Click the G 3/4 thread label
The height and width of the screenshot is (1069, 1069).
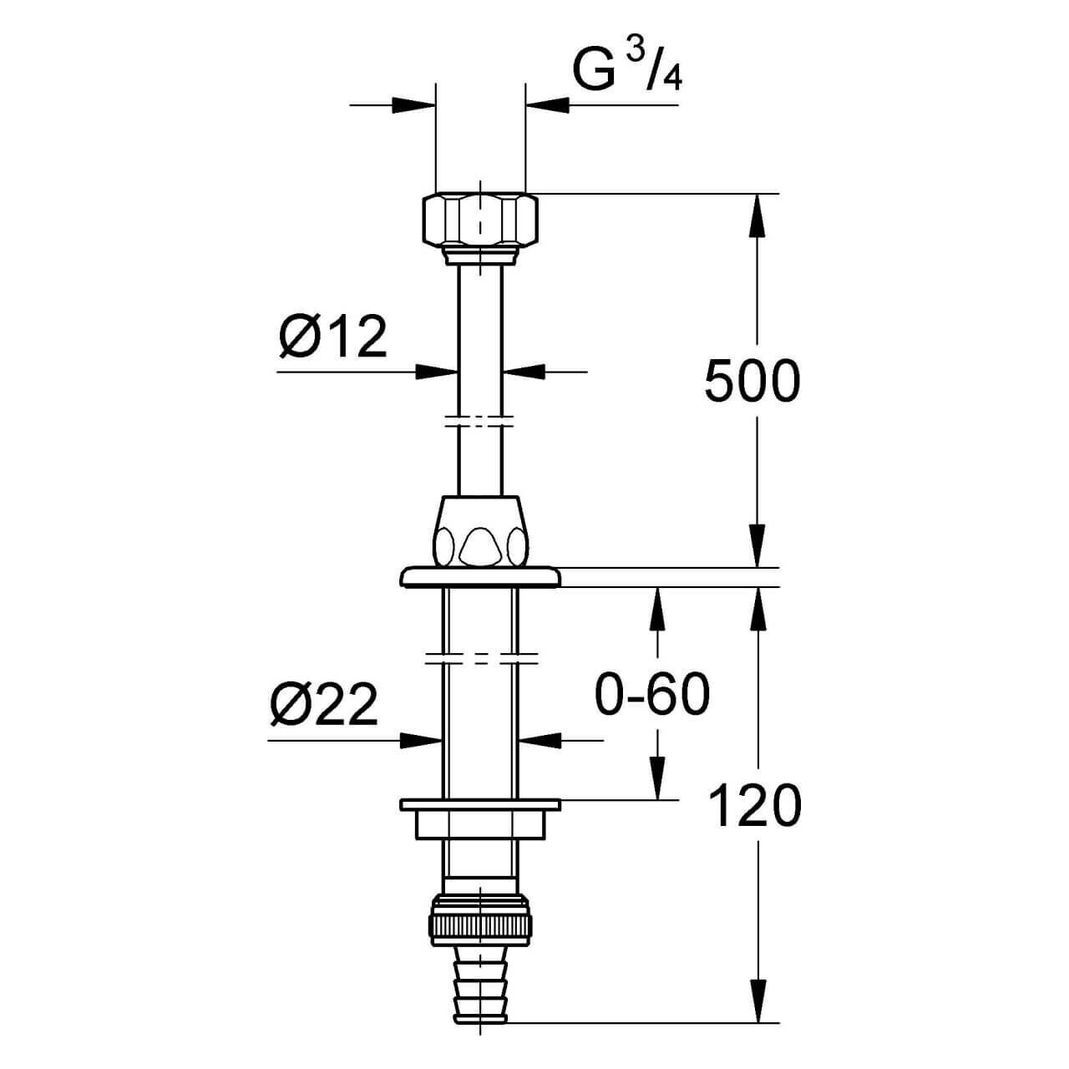[627, 69]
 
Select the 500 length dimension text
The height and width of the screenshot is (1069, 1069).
[752, 381]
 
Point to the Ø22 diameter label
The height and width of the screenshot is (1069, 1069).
[324, 705]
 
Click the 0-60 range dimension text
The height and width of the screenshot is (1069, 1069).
[652, 695]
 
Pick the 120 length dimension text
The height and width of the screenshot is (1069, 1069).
[755, 806]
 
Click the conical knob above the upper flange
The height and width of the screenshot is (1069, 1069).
[480, 531]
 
